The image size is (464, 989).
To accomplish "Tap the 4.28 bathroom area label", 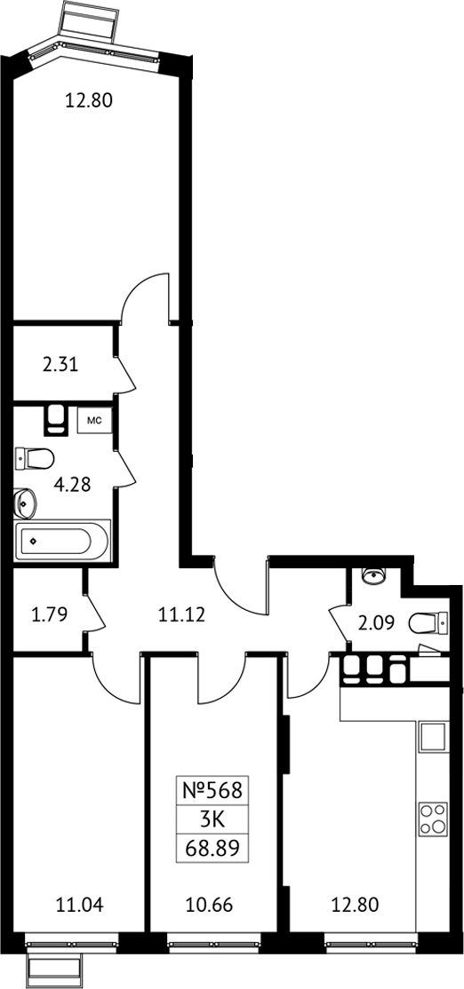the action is coord(73,485).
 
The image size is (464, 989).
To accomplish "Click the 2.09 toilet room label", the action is coord(378,623).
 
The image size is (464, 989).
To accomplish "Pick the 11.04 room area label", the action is coord(79,906).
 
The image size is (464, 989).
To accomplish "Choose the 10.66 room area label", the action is coord(210,906).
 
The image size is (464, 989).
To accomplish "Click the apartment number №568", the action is coord(212,789).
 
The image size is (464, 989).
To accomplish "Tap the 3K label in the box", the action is coord(212,819).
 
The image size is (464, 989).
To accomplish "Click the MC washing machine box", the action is coord(95,420).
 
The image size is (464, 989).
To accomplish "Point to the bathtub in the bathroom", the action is coord(62,541).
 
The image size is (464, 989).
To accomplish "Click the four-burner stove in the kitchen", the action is coord(433,819).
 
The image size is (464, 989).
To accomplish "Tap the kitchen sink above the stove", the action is coord(433,738).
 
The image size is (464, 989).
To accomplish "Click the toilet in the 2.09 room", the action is coord(428,624).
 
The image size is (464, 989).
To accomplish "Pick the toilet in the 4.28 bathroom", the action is coord(34,459).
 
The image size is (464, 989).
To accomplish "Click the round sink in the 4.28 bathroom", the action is coord(25,502).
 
